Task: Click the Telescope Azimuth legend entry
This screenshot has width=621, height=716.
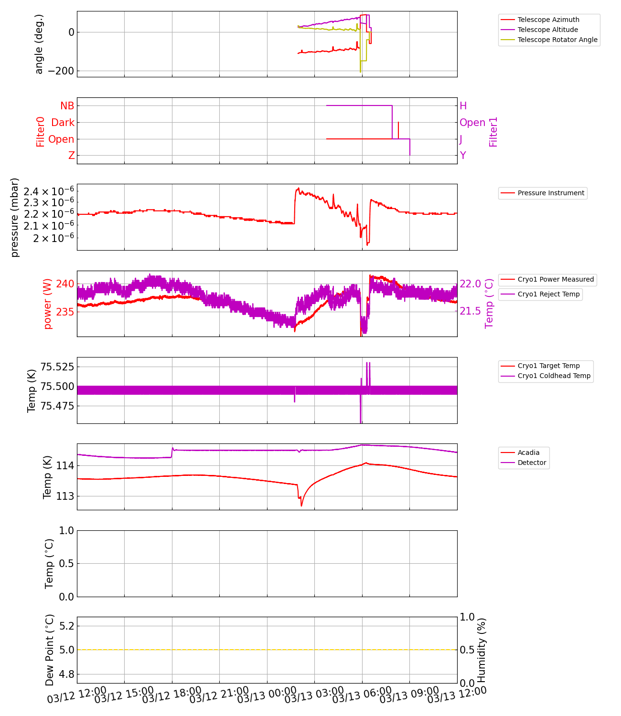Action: coord(548,20)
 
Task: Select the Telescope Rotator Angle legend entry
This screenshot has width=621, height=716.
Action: coord(557,40)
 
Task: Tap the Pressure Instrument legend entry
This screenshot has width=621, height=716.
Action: coord(550,193)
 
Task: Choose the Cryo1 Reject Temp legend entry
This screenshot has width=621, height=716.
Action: coord(548,294)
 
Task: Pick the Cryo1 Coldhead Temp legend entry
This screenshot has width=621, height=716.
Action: coord(554,376)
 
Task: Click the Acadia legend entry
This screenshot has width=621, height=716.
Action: coord(528,453)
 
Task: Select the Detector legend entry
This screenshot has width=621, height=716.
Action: coord(531,463)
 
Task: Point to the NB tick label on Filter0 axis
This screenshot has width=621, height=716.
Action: coord(67,106)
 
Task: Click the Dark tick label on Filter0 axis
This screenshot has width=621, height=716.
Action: coord(63,123)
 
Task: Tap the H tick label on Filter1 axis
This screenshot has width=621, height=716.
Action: coord(463,106)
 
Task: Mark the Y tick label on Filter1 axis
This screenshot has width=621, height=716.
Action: coord(462,156)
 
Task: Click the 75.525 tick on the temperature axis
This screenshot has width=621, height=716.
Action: coord(57,367)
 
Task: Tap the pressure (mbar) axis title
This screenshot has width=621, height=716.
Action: coord(15,217)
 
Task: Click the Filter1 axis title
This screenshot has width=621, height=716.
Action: coord(493,131)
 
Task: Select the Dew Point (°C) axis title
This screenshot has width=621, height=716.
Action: coord(50,650)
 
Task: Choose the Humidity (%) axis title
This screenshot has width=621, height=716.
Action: coord(482,650)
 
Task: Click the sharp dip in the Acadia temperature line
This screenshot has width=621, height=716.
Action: coord(301,505)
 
